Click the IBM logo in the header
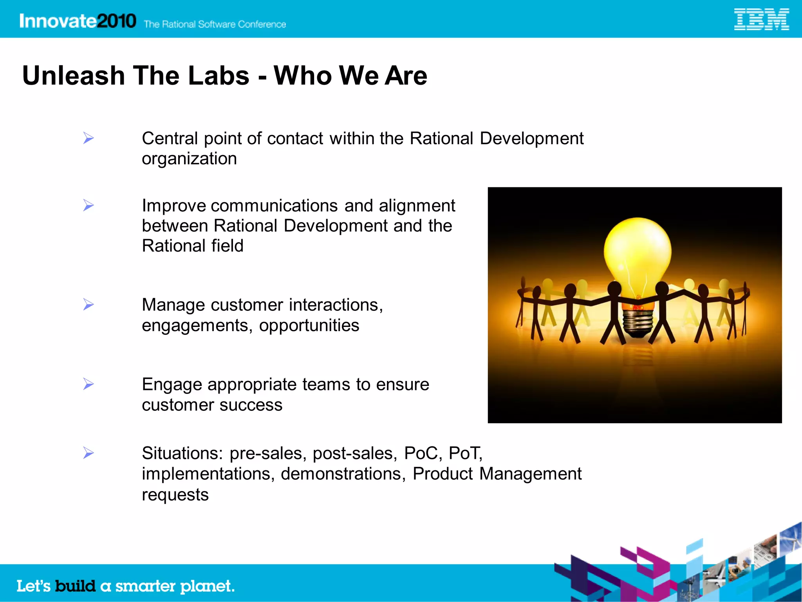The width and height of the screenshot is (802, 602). [761, 20]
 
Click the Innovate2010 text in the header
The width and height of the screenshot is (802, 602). [78, 21]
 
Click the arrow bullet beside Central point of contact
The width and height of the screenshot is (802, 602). [89, 138]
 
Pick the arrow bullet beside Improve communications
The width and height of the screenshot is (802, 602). [89, 205]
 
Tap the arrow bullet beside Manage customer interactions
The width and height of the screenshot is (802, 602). [89, 305]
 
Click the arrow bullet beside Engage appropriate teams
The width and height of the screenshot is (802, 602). [89, 384]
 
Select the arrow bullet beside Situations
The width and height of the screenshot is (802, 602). [89, 453]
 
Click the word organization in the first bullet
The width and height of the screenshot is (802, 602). [189, 159]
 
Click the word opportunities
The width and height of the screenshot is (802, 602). [309, 325]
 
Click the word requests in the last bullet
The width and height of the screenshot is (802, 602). [175, 495]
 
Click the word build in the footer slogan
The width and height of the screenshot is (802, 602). [75, 586]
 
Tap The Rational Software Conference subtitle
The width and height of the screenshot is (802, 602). [215, 24]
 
